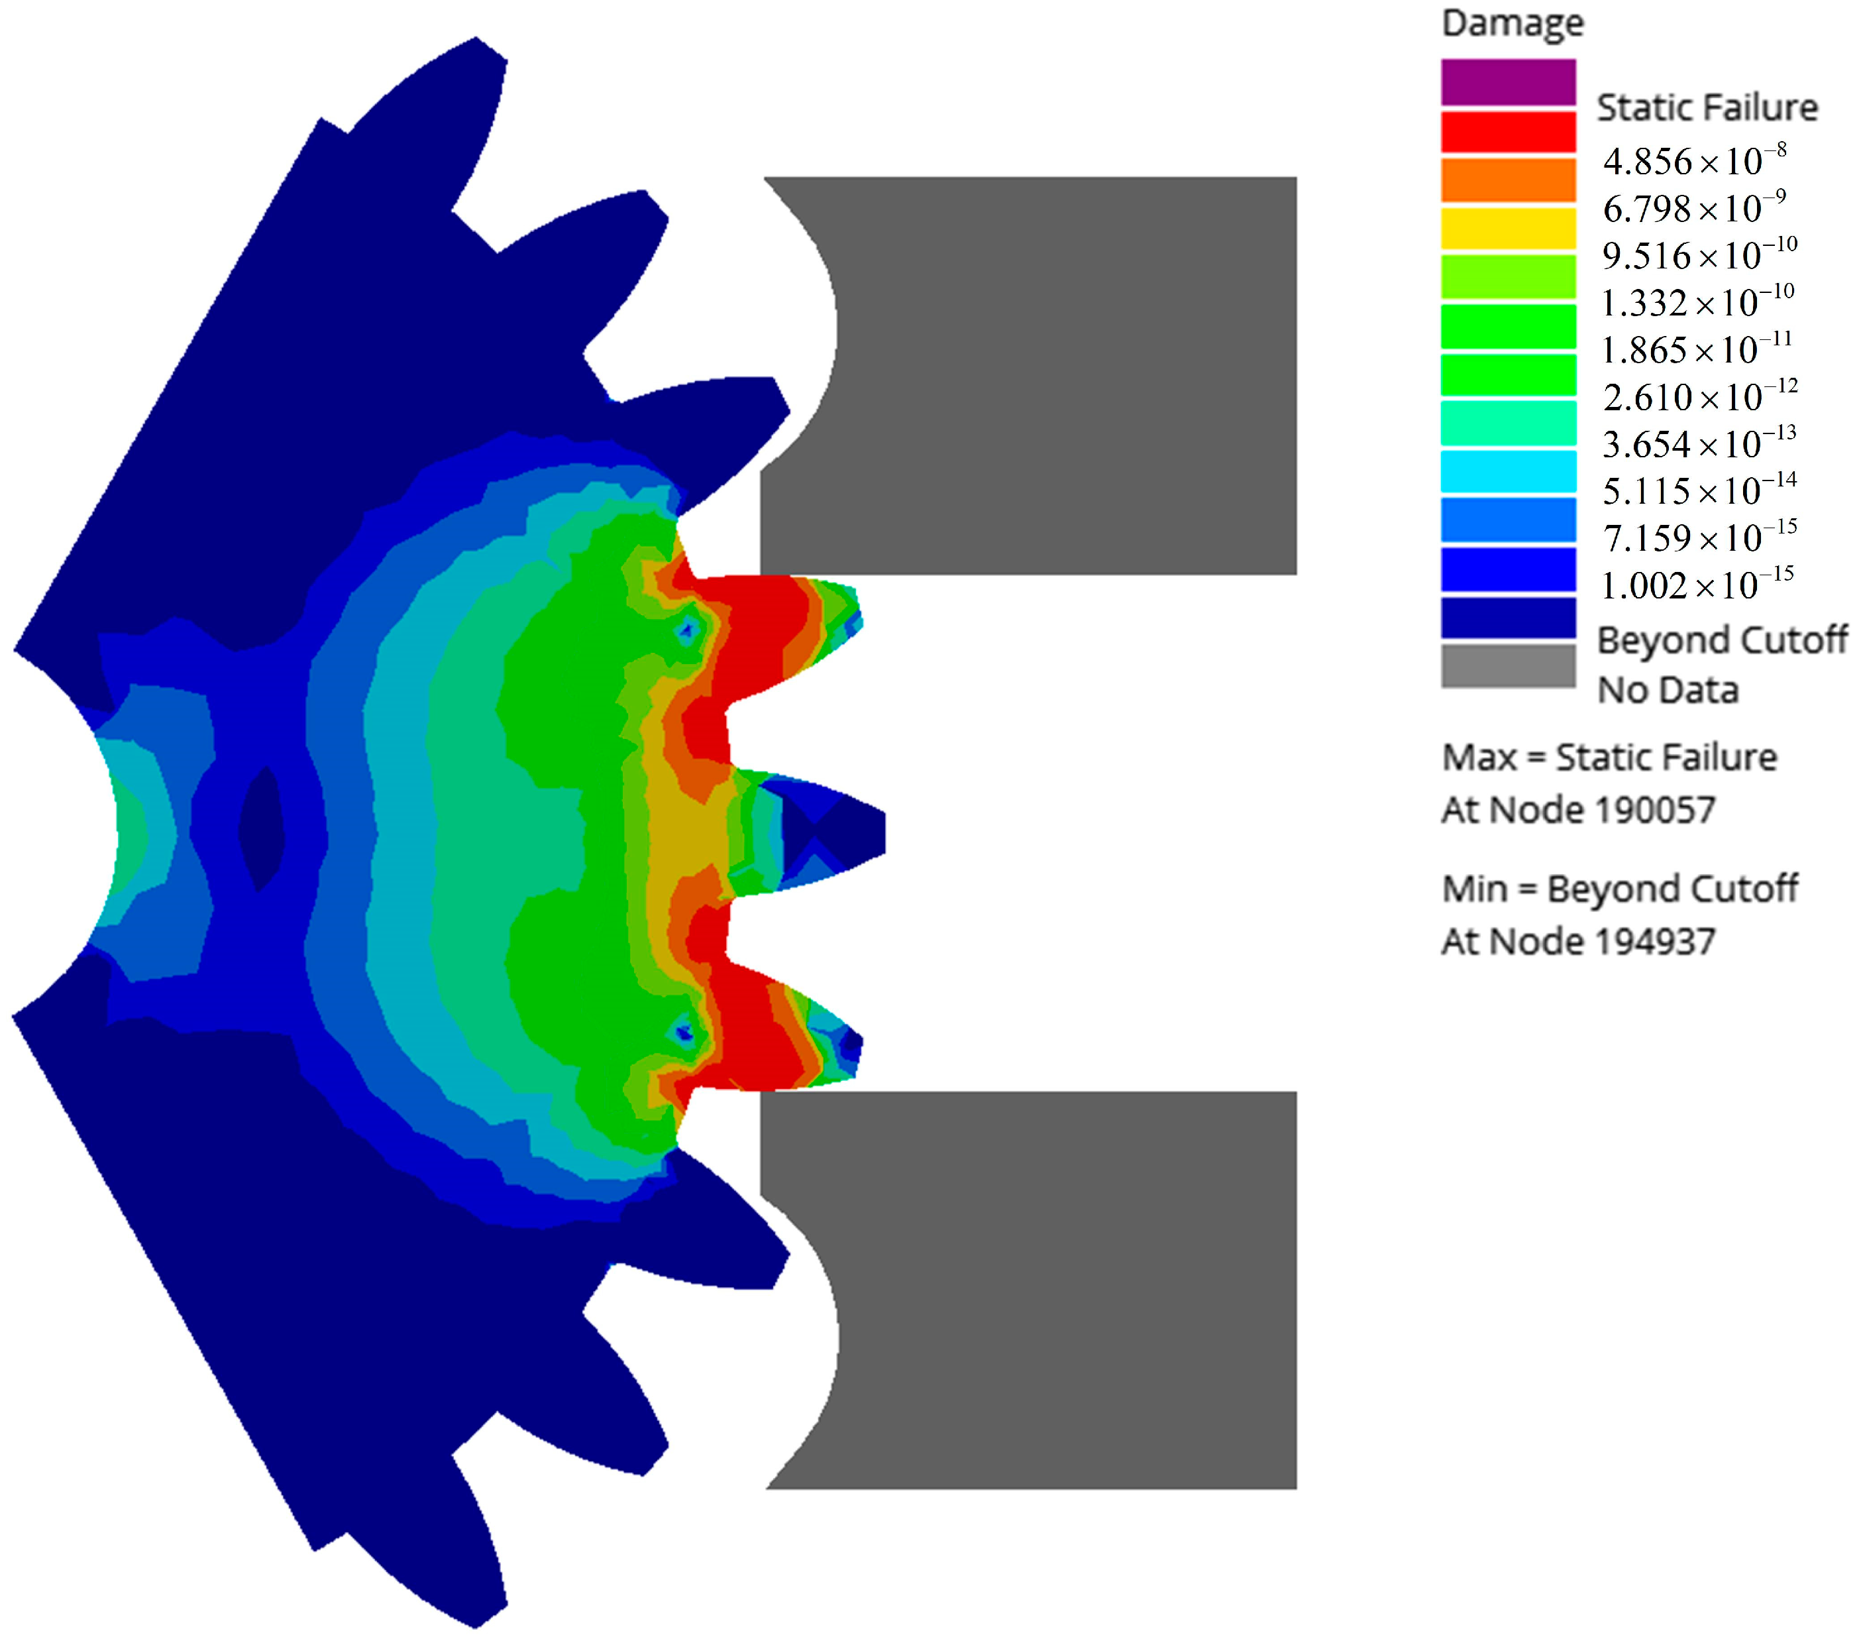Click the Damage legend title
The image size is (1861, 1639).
tap(1513, 23)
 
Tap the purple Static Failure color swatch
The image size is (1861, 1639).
tap(1508, 82)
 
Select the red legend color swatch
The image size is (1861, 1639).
tap(1508, 131)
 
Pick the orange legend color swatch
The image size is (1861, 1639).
tap(1508, 180)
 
